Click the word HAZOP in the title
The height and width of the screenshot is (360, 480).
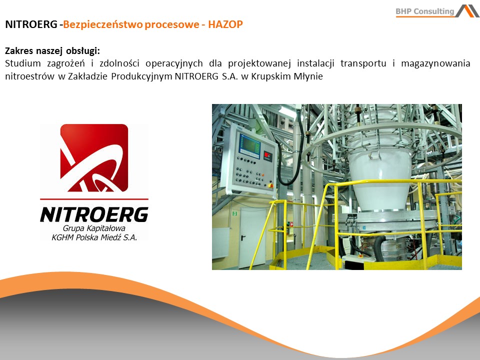[225, 24]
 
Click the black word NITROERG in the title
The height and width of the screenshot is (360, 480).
[31, 24]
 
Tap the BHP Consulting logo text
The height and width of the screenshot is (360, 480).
[425, 11]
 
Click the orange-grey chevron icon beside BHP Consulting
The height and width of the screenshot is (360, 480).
[467, 10]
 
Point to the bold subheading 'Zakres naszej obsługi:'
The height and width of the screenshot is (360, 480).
[52, 50]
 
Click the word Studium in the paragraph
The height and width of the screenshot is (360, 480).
[22, 63]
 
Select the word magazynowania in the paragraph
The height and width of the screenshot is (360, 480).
[435, 63]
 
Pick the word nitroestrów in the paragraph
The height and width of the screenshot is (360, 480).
[29, 76]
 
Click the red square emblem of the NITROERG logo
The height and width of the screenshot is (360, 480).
[94, 157]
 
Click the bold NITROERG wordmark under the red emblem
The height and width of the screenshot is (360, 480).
[94, 214]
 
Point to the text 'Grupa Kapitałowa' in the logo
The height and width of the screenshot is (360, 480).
[94, 228]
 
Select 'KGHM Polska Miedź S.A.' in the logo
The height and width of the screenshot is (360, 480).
[94, 237]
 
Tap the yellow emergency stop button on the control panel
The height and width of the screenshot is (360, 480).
[270, 185]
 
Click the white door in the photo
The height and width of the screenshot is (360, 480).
[251, 237]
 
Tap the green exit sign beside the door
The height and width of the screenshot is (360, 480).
[234, 213]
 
